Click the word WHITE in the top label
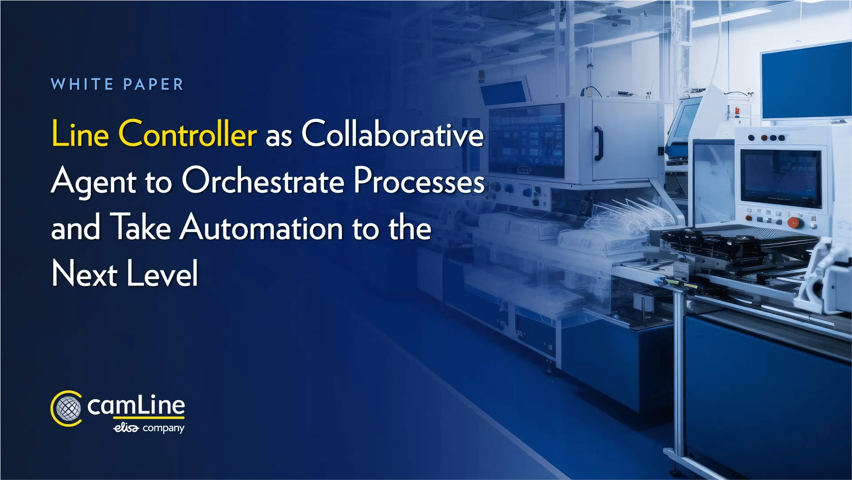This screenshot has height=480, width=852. [82, 84]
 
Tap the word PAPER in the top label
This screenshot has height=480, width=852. [153, 84]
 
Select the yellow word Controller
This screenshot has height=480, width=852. [187, 134]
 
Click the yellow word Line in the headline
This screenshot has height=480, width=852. [80, 134]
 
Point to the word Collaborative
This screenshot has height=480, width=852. [393, 134]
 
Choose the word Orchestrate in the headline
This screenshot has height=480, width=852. [263, 181]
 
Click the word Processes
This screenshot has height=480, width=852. [419, 181]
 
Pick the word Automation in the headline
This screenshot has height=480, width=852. [261, 227]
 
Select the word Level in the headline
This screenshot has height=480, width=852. [162, 274]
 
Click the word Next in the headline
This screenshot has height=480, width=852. [84, 274]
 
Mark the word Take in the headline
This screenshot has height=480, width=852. [140, 227]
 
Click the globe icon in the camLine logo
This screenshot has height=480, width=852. [68, 409]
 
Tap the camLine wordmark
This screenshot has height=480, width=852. [136, 406]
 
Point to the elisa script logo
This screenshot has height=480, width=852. [126, 428]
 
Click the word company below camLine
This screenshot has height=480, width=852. [163, 428]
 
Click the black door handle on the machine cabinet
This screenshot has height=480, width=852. [598, 143]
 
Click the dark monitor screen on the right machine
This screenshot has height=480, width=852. [781, 178]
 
